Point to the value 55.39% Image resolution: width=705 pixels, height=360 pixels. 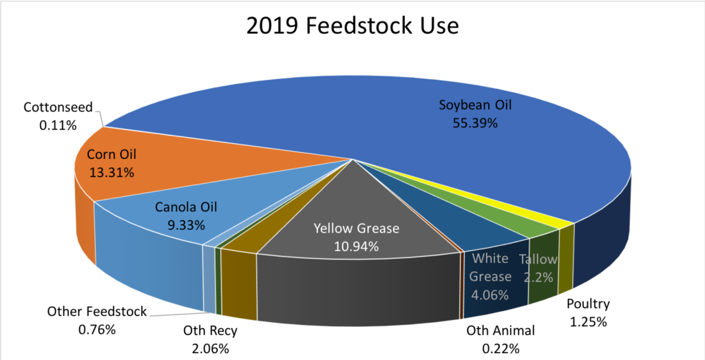click(476, 123)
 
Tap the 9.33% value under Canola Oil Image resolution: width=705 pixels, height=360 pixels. click(181, 224)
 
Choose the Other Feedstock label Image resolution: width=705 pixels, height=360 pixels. click(96, 312)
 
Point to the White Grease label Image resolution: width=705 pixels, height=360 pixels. click(490, 268)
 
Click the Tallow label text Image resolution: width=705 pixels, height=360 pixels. click(538, 260)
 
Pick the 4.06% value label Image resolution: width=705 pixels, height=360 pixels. click(490, 295)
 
